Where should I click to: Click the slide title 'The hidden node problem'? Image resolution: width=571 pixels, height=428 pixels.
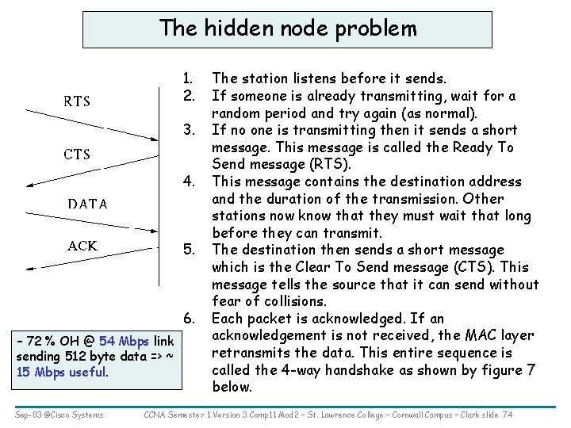pos(287,29)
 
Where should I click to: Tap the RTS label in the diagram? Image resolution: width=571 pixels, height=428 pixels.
pos(77,101)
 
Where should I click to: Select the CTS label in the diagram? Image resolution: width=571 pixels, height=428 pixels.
pos(77,154)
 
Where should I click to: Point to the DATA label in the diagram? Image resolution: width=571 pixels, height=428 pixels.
pos(87,204)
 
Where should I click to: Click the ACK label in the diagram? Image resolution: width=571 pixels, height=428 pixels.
pos(82,246)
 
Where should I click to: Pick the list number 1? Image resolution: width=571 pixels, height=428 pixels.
pos(188,78)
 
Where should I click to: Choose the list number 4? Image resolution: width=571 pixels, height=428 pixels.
pos(188,182)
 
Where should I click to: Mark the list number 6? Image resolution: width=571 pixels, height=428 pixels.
pos(188,319)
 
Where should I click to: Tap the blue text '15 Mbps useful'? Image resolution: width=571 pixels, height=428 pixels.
pos(61,371)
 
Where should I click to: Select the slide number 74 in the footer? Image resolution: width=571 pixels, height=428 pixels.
pos(508,414)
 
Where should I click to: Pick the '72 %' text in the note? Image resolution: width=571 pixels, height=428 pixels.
pos(37,341)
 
